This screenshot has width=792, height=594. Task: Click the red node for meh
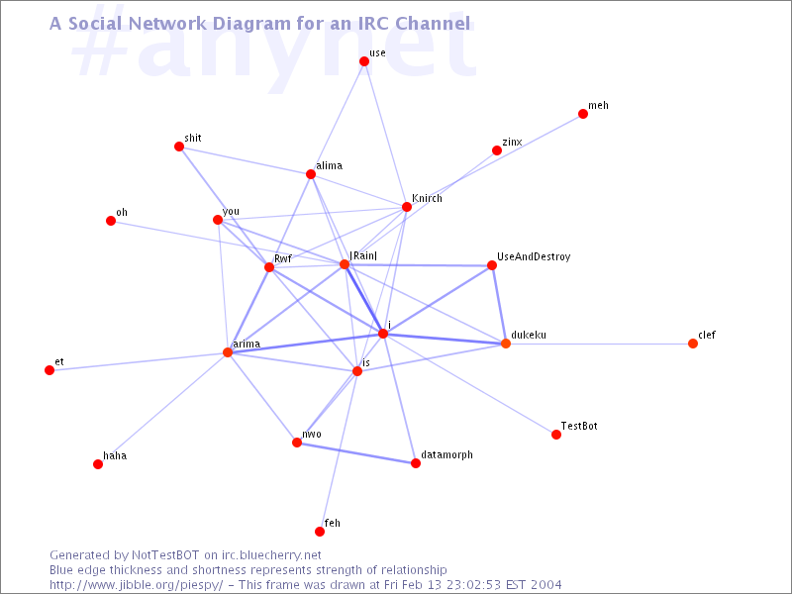point(583,114)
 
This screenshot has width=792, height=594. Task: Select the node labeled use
point(364,61)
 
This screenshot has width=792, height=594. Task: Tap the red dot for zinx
point(497,150)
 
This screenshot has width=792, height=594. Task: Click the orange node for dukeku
point(506,344)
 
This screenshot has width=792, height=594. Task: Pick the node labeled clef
point(693,344)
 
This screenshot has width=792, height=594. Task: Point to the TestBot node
point(556,435)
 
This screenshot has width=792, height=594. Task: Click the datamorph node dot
point(416,463)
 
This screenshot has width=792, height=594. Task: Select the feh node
point(320,532)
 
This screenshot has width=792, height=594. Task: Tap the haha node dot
point(98,464)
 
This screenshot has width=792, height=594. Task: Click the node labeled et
point(49,370)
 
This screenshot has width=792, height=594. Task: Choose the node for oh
point(111,221)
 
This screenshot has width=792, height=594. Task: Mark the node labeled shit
point(179,147)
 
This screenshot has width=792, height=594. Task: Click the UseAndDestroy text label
point(534,257)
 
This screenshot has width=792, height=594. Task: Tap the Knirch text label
point(428,199)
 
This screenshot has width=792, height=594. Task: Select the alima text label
point(330,165)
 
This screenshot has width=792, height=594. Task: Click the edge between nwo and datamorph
point(356,453)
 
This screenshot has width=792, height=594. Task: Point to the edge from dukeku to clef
point(599,344)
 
